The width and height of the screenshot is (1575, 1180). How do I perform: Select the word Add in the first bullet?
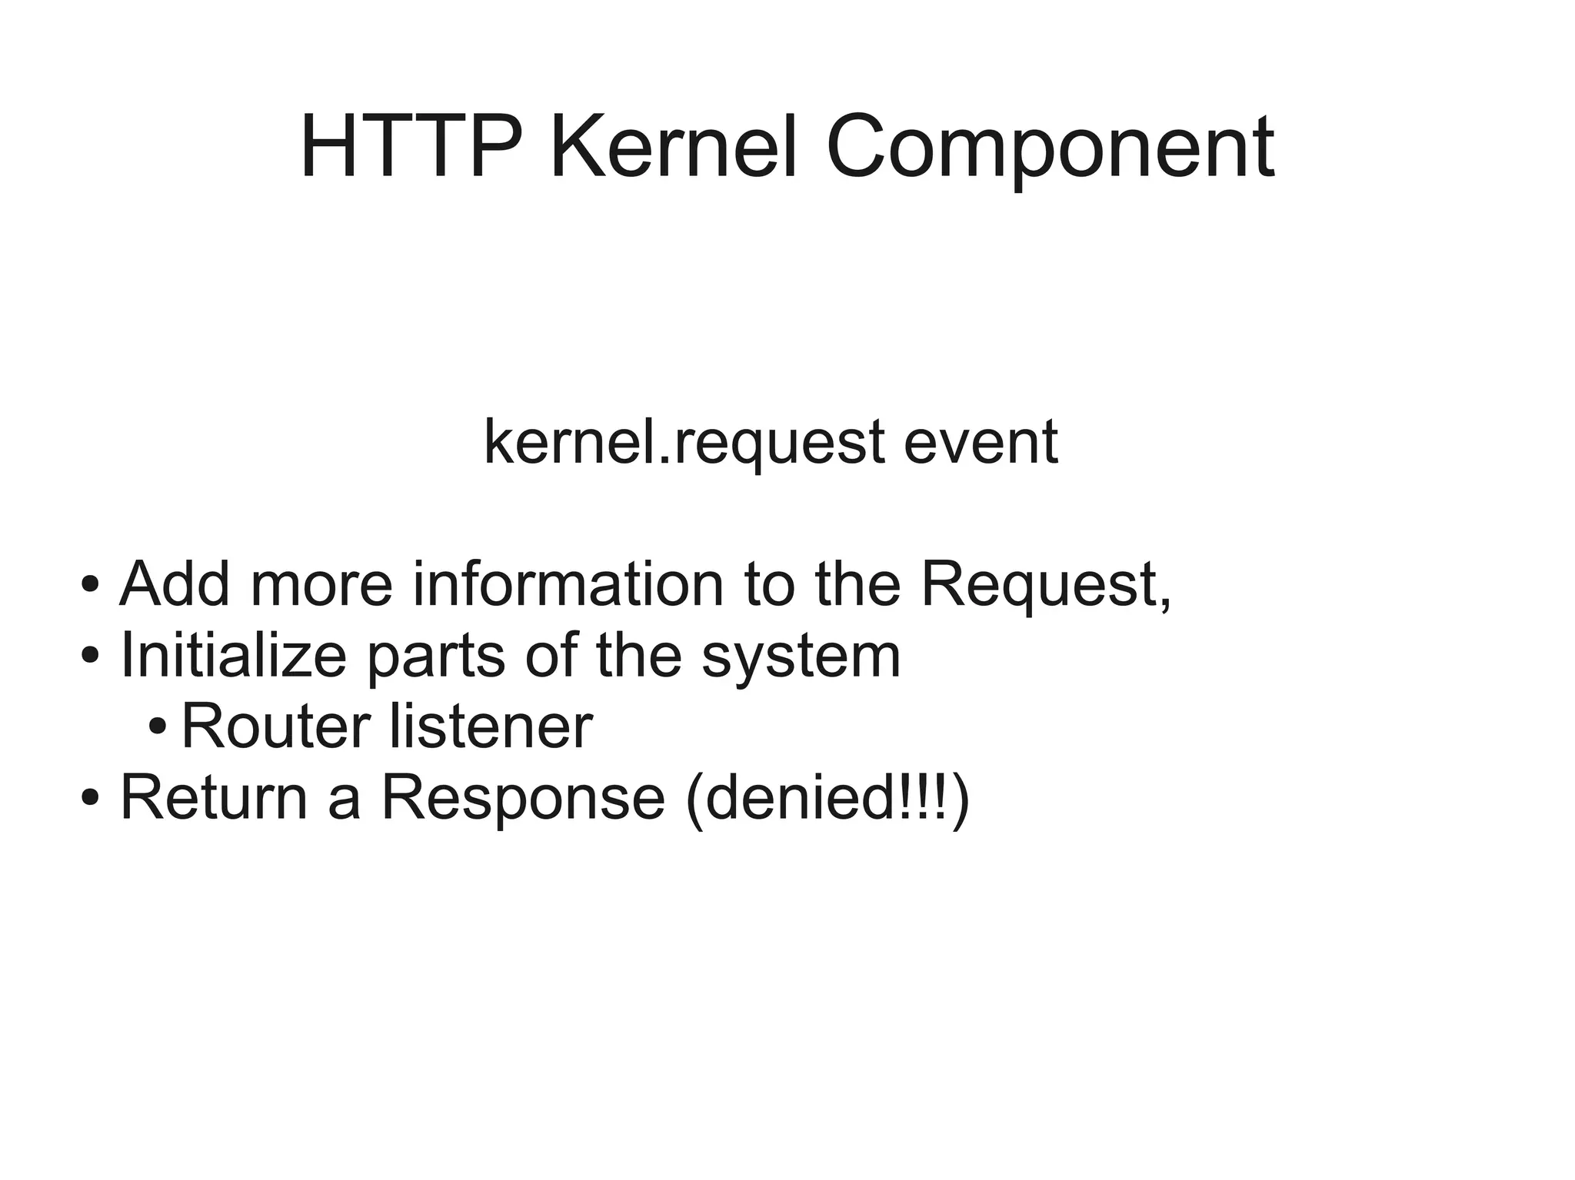tap(175, 584)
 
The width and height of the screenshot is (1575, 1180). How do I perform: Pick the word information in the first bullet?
tap(568, 584)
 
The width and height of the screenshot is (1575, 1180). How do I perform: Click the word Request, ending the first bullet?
tap(1046, 586)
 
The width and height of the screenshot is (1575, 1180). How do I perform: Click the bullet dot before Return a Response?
tap(90, 798)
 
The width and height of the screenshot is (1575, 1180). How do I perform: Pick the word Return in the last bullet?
tap(214, 798)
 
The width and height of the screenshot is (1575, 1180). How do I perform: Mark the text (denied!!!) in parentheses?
tap(827, 799)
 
